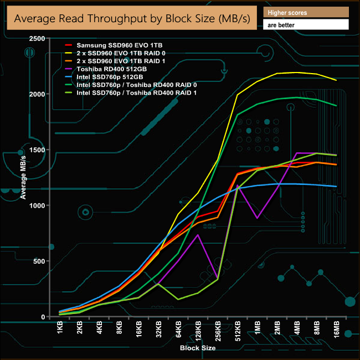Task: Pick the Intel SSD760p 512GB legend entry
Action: click(107, 76)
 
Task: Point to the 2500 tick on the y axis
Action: click(37, 38)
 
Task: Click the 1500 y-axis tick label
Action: click(37, 150)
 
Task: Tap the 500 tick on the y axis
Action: click(39, 261)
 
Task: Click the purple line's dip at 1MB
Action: click(258, 218)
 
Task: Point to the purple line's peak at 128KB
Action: click(198, 235)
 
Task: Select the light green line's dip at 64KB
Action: click(178, 300)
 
